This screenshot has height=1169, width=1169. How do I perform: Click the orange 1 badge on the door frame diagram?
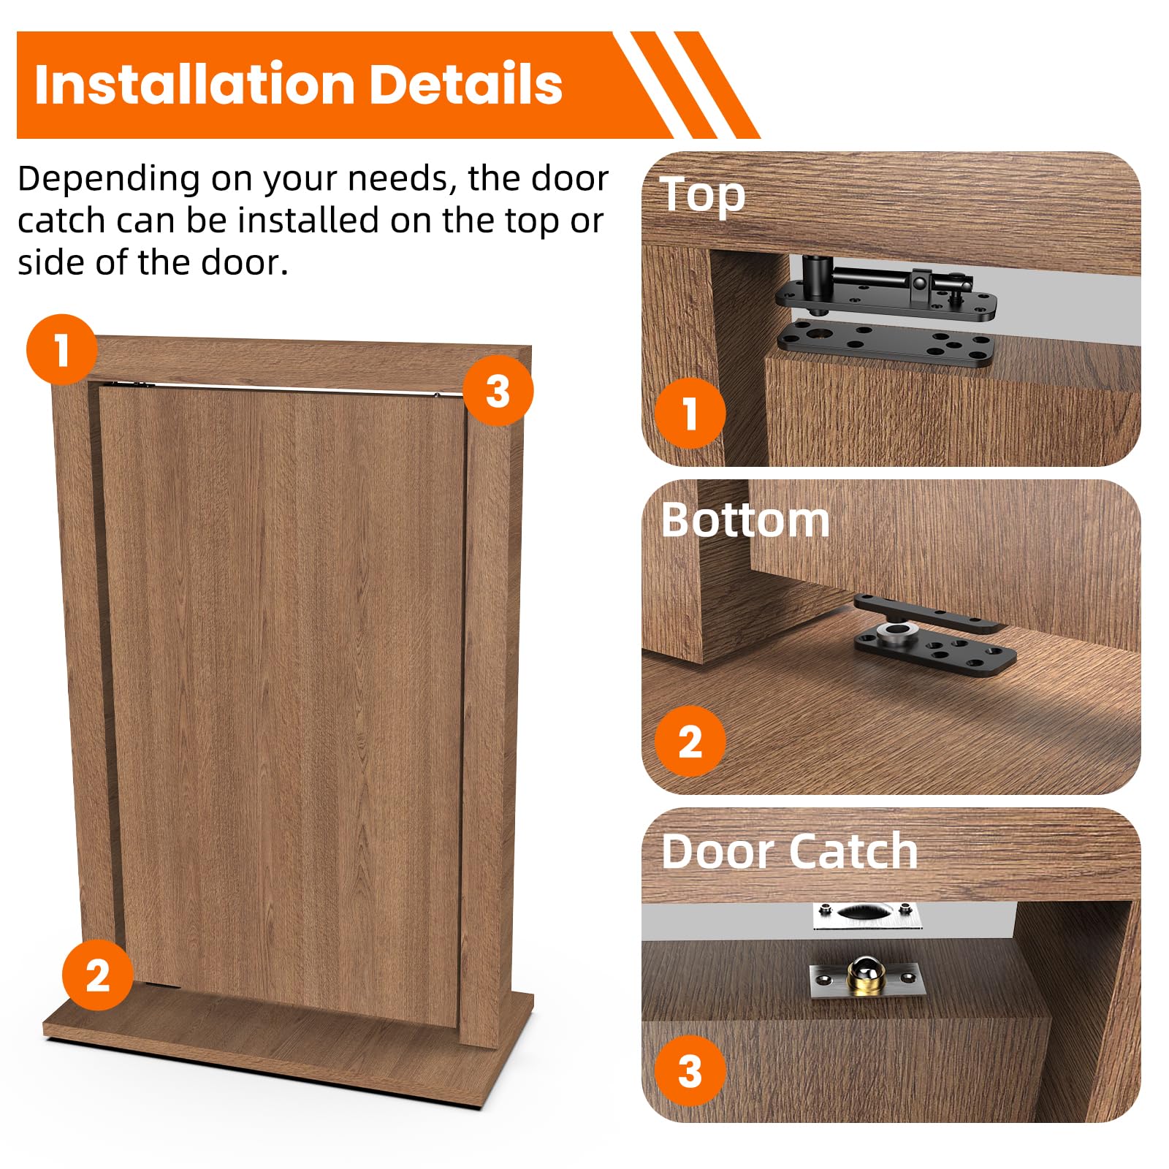click(61, 349)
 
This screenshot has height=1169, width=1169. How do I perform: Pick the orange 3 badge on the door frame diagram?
click(498, 390)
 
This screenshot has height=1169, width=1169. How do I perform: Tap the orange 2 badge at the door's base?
click(98, 975)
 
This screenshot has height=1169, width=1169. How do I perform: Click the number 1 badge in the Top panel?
click(690, 413)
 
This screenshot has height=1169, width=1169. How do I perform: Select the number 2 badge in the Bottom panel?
click(690, 741)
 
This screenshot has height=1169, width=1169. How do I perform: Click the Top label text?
click(703, 196)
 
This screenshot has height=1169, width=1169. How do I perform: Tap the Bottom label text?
click(745, 520)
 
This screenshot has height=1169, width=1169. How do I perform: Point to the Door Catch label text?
click(789, 851)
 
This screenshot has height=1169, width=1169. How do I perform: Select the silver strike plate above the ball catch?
click(867, 915)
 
